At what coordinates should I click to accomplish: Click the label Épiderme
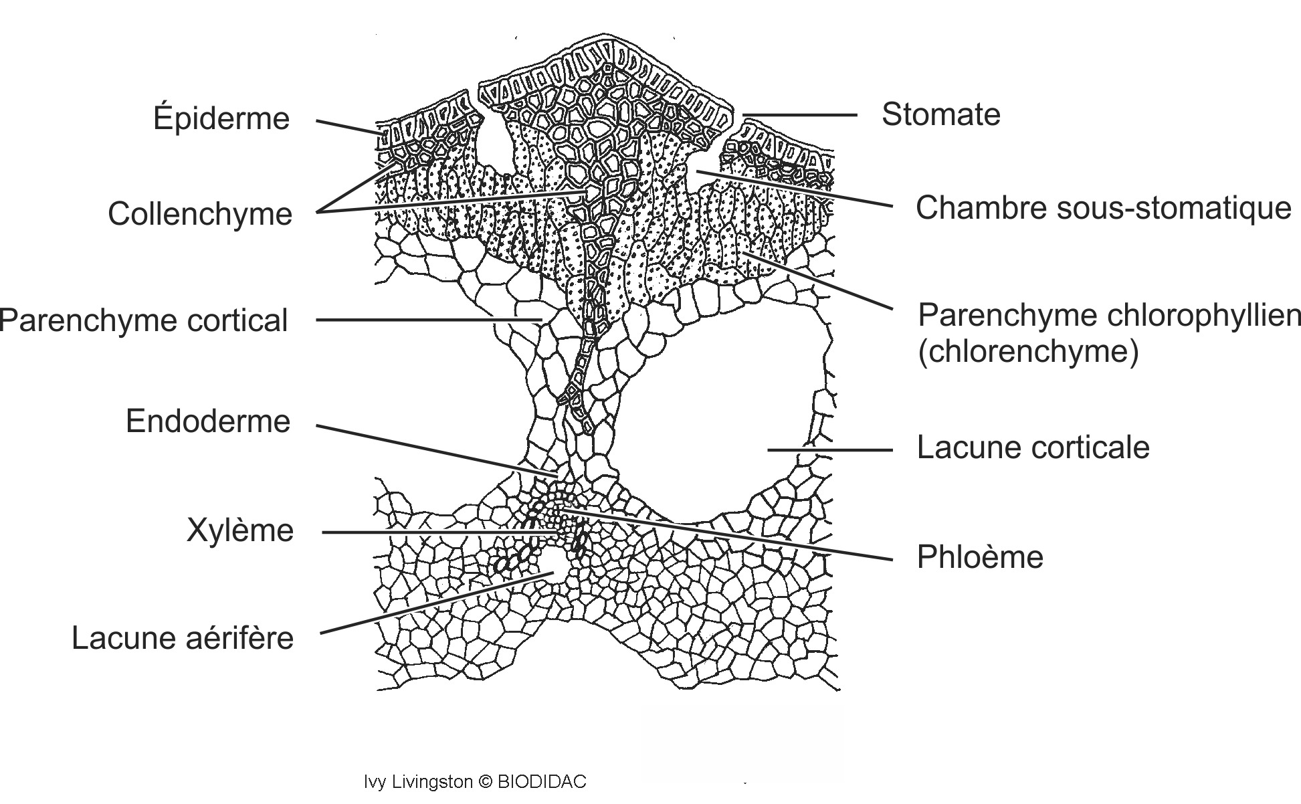tap(221, 119)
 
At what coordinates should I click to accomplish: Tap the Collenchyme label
tap(200, 215)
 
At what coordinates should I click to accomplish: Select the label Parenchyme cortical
tap(144, 320)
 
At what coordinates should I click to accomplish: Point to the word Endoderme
tap(208, 421)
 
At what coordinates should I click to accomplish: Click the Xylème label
tap(240, 530)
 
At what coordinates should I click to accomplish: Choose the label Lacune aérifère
tap(183, 638)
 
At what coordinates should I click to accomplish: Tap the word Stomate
tap(940, 114)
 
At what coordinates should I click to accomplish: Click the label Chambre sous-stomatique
tap(1103, 208)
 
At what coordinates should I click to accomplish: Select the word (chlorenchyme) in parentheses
tap(1027, 351)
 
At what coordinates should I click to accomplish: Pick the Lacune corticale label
tap(1033, 447)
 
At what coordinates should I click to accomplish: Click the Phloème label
tap(980, 557)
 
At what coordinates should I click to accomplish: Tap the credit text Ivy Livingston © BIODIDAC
tap(475, 782)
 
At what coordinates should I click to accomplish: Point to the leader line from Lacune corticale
tap(829, 450)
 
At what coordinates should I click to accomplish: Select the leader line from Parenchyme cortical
tap(428, 320)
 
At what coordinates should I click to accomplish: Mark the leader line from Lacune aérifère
tap(435, 603)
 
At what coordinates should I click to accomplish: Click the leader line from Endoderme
tap(435, 449)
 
